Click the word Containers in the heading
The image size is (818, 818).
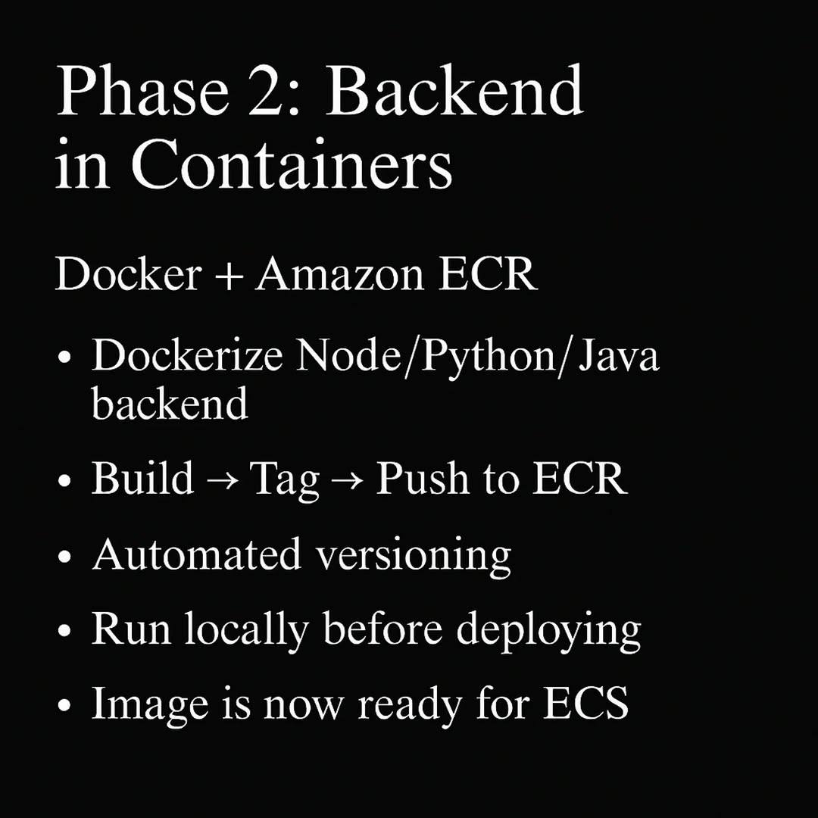(292, 164)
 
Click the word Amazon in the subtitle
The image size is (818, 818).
(339, 274)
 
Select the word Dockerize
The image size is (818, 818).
(187, 354)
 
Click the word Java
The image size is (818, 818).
(619, 354)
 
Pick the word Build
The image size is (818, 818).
(142, 477)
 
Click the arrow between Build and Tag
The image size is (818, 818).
(222, 480)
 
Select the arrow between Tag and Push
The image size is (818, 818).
(348, 480)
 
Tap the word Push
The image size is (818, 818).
(422, 477)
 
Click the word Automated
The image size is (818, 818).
(197, 554)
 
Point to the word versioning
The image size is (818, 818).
(414, 557)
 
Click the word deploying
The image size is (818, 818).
(548, 631)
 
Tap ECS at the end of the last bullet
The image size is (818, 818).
(585, 702)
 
